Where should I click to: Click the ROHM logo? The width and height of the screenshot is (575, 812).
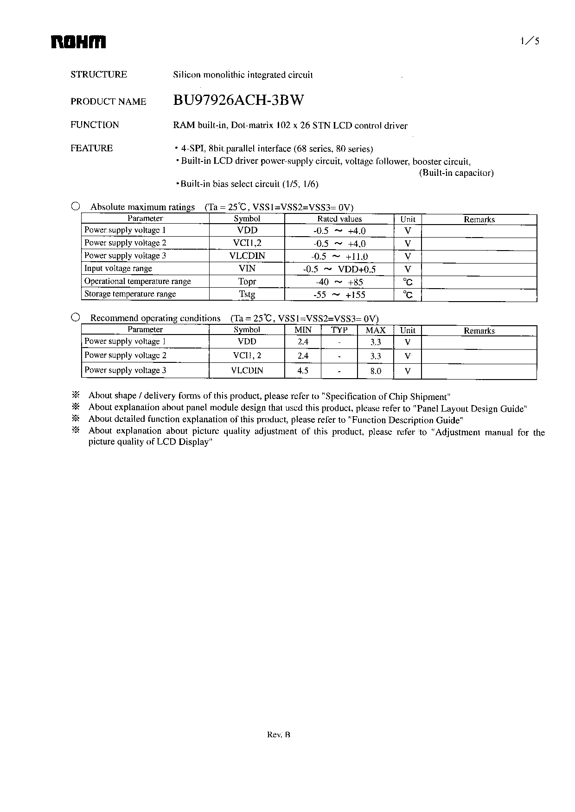tap(78, 43)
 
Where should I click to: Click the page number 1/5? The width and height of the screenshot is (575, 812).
tap(530, 41)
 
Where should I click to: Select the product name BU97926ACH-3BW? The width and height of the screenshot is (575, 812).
tap(239, 100)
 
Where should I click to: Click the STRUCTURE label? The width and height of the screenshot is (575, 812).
tap(98, 75)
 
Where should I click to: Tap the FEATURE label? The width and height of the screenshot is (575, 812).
tap(91, 148)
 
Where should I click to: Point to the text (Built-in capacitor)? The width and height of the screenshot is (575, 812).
tap(456, 173)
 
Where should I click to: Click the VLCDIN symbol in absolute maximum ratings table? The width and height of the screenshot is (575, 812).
tap(247, 256)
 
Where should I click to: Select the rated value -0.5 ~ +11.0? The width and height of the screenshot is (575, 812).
tap(339, 256)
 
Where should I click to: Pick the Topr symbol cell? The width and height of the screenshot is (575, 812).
tap(247, 282)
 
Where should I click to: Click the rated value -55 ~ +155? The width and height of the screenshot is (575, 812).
tap(339, 295)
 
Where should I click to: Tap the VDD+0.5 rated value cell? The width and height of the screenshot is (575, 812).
tap(339, 269)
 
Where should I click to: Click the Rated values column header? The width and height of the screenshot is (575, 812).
tap(339, 219)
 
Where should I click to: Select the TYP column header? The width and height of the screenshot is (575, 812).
tap(339, 330)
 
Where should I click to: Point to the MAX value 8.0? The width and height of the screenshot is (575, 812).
tap(376, 371)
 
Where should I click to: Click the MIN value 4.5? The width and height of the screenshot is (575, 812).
tap(302, 371)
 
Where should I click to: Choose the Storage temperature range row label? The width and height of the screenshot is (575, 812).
tap(130, 294)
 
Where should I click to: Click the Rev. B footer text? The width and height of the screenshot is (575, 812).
tap(279, 735)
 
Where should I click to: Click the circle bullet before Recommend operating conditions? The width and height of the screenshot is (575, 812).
tap(76, 318)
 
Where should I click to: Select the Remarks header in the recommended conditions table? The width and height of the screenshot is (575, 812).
tap(479, 331)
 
